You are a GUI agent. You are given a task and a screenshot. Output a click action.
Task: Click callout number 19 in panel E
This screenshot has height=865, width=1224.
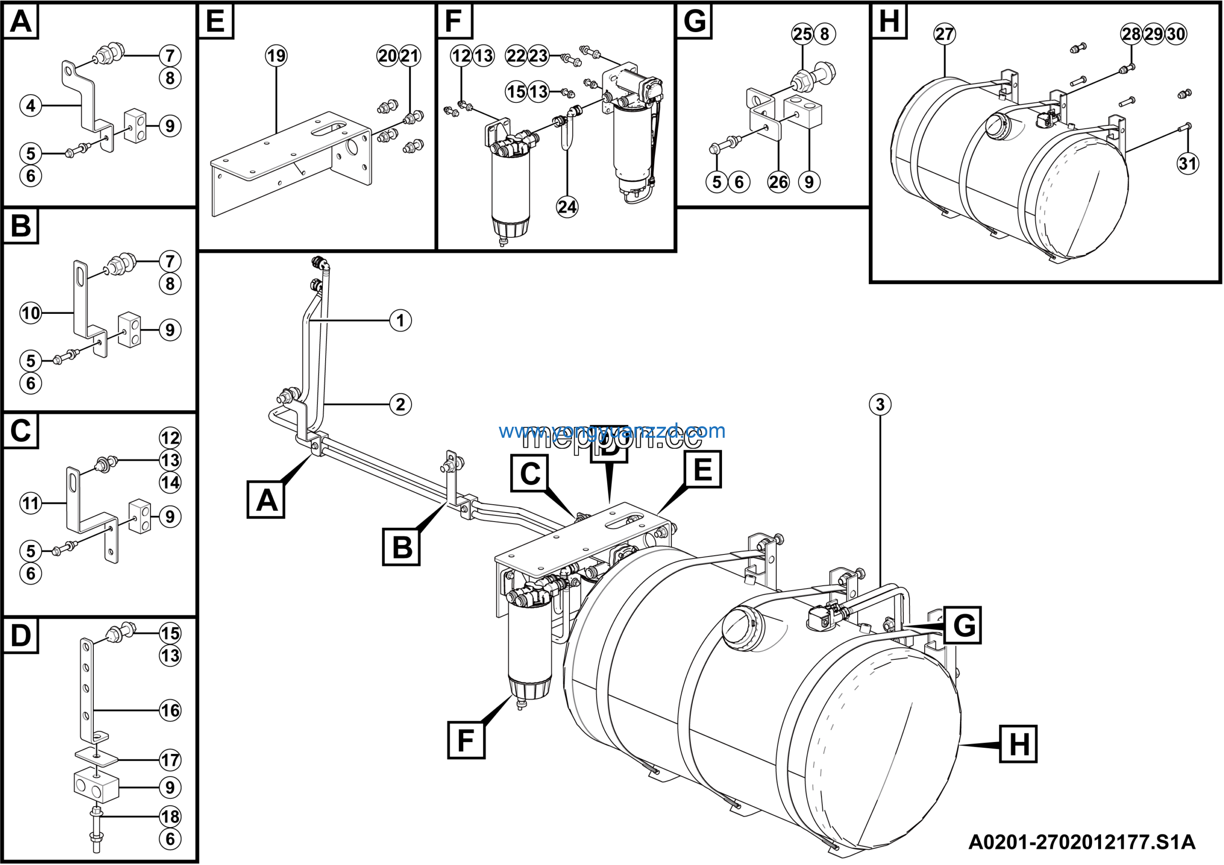pyautogui.click(x=276, y=55)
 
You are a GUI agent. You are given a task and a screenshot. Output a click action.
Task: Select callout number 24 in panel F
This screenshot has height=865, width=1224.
pyautogui.click(x=567, y=207)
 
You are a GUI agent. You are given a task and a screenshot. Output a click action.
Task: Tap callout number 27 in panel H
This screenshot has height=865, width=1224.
pyautogui.click(x=944, y=34)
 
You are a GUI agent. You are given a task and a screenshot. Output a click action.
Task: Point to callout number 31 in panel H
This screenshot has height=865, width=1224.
pyautogui.click(x=1188, y=163)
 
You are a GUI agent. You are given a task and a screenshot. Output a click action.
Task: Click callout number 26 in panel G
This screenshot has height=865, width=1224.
pyautogui.click(x=778, y=182)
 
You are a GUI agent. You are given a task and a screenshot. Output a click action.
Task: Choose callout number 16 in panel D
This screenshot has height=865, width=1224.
pyautogui.click(x=170, y=710)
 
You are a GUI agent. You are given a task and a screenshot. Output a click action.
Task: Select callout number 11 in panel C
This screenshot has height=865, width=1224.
pyautogui.click(x=31, y=503)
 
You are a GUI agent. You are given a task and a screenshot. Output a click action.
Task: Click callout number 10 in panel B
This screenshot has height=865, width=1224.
pyautogui.click(x=31, y=313)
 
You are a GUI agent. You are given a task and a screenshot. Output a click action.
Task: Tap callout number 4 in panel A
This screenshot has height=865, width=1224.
pyautogui.click(x=31, y=106)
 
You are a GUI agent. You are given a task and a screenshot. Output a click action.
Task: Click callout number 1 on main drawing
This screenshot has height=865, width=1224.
pyautogui.click(x=400, y=321)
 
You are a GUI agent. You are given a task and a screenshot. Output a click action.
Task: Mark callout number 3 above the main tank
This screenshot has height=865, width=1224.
pyautogui.click(x=880, y=404)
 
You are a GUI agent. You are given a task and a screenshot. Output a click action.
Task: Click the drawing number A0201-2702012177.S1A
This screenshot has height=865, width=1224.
pyautogui.click(x=1082, y=842)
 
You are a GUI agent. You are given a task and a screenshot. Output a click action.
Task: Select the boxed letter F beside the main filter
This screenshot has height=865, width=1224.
pyautogui.click(x=466, y=740)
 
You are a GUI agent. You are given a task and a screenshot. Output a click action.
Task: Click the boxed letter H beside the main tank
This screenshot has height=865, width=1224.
pyautogui.click(x=1018, y=744)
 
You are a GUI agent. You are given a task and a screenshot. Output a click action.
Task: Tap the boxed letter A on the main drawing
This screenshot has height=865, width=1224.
pyautogui.click(x=266, y=499)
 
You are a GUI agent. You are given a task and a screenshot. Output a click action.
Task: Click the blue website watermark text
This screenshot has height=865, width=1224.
pyautogui.click(x=612, y=431)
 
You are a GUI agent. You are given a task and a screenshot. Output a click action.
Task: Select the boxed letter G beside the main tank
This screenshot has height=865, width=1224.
pyautogui.click(x=963, y=625)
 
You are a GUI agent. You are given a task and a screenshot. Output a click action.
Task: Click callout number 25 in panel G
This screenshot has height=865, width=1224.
pyautogui.click(x=802, y=34)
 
